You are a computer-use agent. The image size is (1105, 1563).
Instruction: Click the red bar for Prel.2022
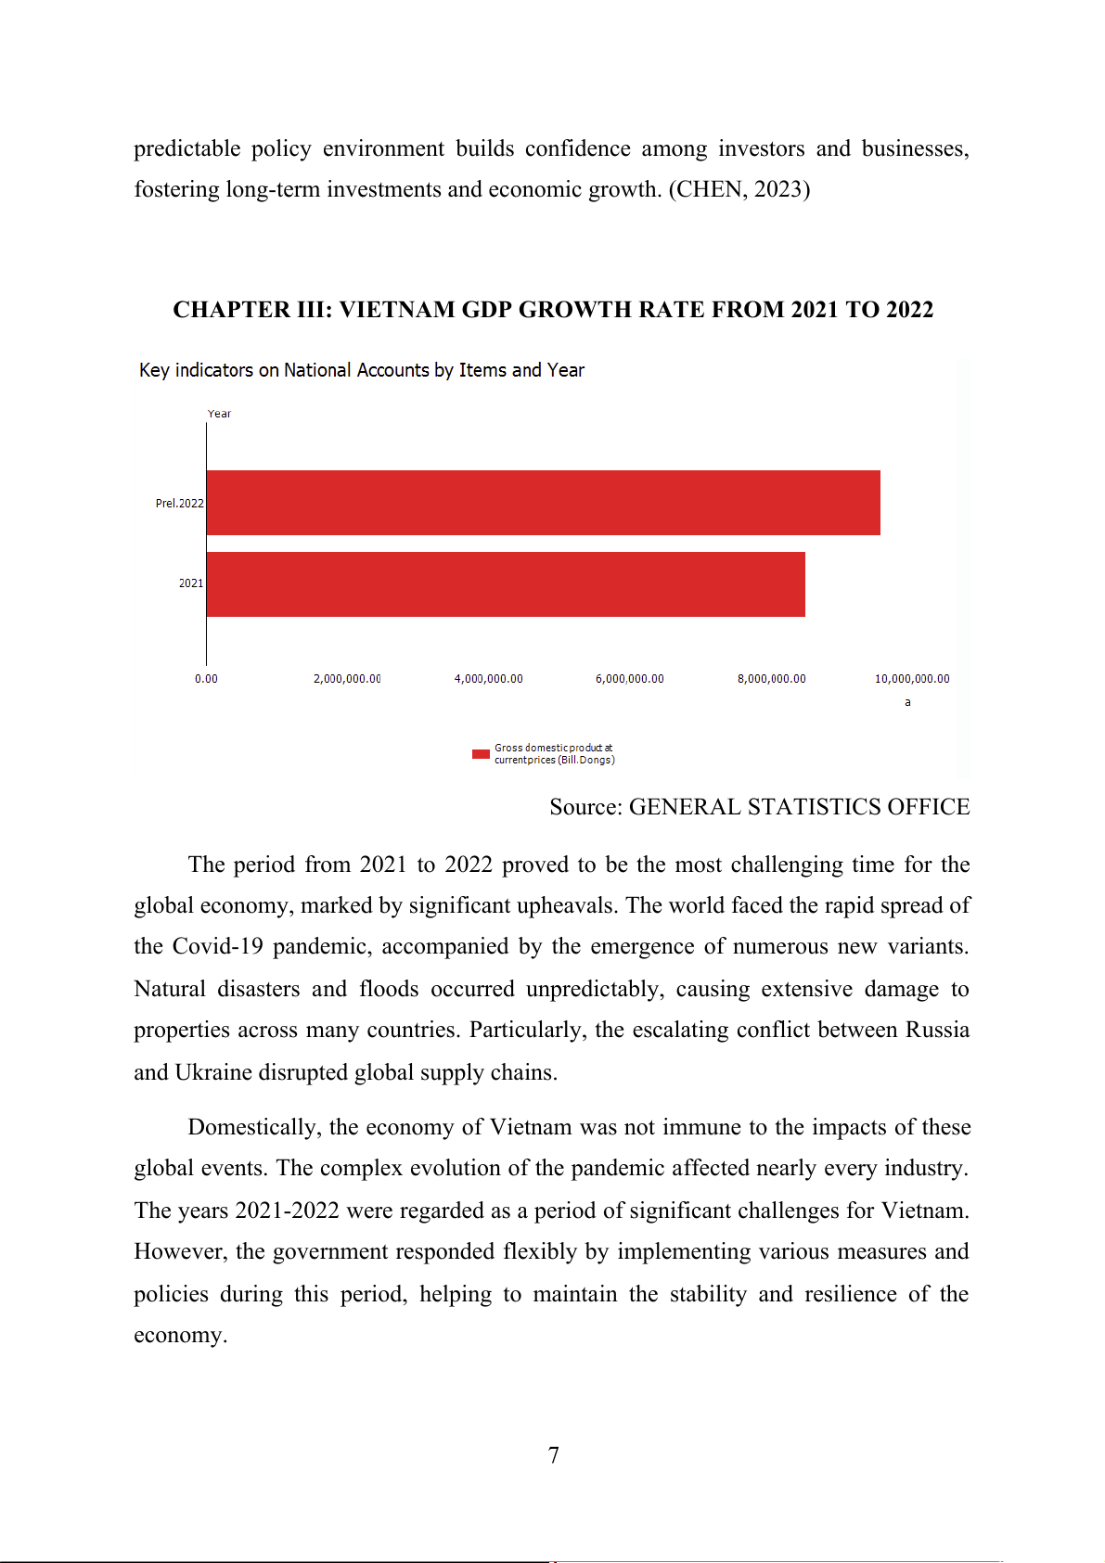543,503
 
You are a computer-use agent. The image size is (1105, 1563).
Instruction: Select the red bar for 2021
506,584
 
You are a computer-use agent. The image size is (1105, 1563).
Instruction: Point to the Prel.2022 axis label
179,504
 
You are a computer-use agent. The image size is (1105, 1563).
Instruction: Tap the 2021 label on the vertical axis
190,583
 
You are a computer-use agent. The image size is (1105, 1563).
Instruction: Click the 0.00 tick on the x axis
206,679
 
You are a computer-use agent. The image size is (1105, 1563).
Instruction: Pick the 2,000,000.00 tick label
347,679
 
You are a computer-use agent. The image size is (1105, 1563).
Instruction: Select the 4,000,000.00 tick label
488,679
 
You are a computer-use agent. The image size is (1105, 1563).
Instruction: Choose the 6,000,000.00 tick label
629,679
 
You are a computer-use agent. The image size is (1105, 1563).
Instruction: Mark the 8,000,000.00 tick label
771,679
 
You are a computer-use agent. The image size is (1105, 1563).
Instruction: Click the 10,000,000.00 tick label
912,679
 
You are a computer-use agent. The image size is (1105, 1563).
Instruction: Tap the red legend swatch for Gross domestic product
481,754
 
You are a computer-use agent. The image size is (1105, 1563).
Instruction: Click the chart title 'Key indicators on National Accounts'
362,370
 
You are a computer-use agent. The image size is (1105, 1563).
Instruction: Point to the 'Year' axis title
219,414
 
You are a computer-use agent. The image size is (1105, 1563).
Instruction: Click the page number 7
554,1455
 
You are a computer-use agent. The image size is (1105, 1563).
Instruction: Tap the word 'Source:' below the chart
585,807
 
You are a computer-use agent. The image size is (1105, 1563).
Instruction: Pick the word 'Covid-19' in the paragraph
217,946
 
